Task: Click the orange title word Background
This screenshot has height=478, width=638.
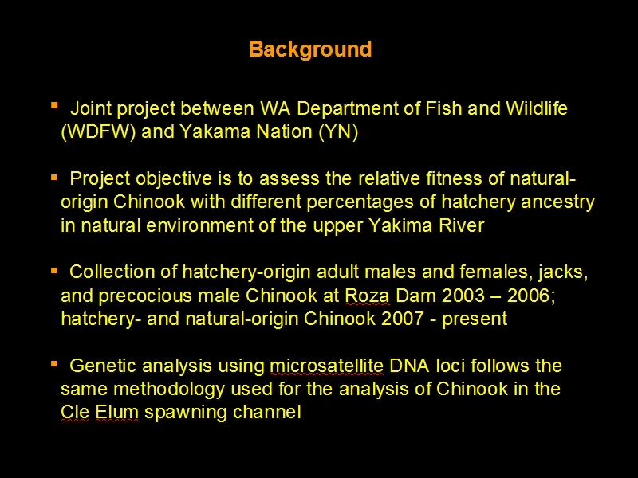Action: (x=310, y=49)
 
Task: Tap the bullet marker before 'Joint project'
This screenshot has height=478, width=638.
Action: (x=54, y=106)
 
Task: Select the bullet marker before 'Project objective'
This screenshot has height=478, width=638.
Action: (x=54, y=178)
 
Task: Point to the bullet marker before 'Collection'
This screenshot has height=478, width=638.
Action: (x=54, y=271)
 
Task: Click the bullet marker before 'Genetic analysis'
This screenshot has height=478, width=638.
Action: (x=54, y=364)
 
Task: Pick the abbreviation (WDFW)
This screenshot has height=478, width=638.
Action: (x=98, y=131)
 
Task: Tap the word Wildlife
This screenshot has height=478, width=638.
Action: (x=536, y=108)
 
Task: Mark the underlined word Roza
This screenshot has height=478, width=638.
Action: (x=367, y=296)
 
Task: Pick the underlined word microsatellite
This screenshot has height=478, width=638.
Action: (x=326, y=366)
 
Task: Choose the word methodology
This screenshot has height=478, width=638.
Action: (x=169, y=390)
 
